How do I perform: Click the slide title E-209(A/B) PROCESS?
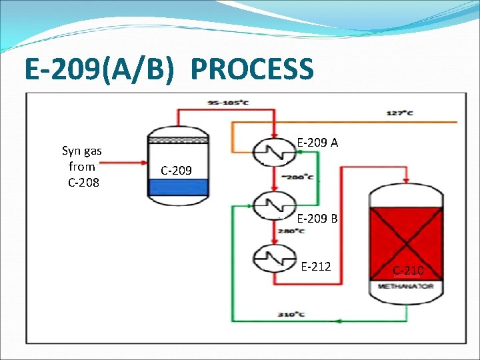pos(168,69)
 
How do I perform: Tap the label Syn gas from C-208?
pos(81,167)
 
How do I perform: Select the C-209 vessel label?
pos(176,171)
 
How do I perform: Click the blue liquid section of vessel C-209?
pos(178,187)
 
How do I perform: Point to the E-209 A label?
pos(317,142)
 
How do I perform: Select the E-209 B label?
pos(317,218)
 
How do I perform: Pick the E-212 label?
pos(316,267)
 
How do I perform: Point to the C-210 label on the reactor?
pos(407,271)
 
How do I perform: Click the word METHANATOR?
pos(406,287)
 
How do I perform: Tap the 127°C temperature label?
pos(400,113)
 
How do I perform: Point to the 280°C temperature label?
pos(292,231)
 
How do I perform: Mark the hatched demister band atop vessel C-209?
pos(178,141)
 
